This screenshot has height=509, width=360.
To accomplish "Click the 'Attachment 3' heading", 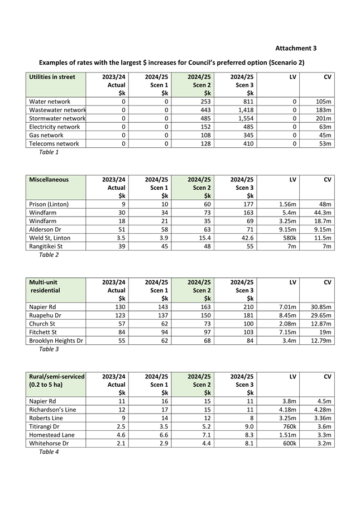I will point(296,49).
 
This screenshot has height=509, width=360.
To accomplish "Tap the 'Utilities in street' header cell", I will point(52,77).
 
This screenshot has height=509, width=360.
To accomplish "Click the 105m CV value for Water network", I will point(323,102).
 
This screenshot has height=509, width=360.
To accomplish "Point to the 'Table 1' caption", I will point(49,152).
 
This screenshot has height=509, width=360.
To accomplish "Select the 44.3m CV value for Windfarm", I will point(322,213).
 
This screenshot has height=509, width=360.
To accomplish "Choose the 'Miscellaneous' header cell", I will point(49,180).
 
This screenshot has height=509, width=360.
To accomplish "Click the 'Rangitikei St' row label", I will point(46,246).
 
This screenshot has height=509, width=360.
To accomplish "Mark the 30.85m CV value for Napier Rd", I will point(321,307).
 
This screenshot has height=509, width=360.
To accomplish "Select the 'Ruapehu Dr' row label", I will point(47,315).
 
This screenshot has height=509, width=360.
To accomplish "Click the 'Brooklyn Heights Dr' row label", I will point(56,340).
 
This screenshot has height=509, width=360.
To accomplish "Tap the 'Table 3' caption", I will point(49,349).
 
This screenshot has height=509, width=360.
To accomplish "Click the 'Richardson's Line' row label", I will point(52,410).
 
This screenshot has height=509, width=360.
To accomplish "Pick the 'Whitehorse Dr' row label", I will point(50,443).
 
